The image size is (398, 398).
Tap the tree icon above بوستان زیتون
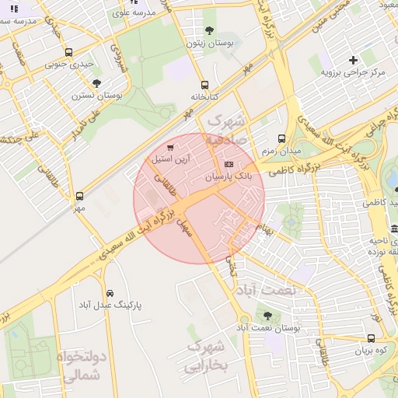point(209,30)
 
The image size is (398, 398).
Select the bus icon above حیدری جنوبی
point(69,53)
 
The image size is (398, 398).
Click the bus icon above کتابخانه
point(204,85)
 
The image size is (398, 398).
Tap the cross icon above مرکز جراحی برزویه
point(354,59)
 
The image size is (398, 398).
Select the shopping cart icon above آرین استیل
point(170,146)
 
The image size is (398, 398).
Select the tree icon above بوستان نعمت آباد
point(268,316)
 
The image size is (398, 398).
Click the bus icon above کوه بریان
point(371,338)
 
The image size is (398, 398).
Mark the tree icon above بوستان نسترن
point(96,82)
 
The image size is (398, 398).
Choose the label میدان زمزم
point(281,148)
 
